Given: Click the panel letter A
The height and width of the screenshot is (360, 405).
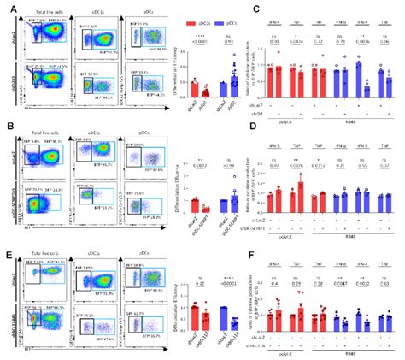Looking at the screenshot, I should tap(5, 7).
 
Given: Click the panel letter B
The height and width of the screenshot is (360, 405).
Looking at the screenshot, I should tap(5, 125).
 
